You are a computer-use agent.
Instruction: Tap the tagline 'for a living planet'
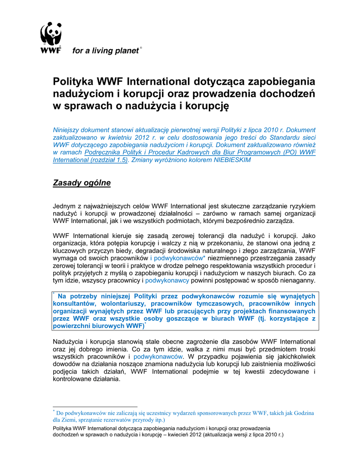105,51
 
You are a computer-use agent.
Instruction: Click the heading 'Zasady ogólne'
82,183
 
